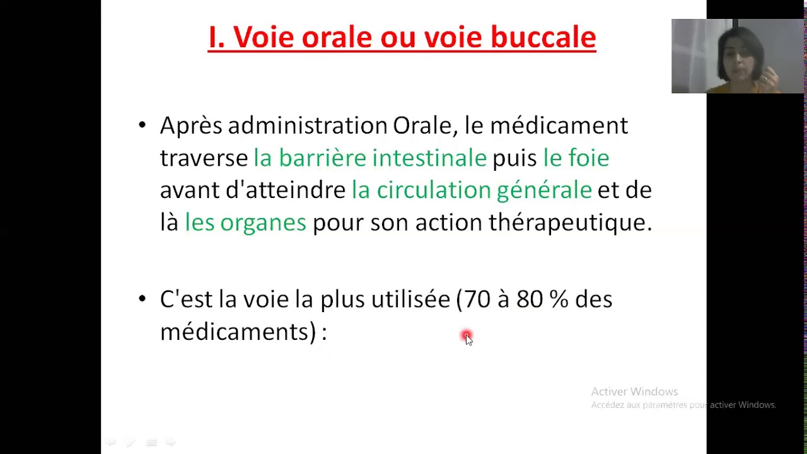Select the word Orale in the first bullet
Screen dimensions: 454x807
[422, 125]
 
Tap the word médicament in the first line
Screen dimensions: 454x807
[559, 125]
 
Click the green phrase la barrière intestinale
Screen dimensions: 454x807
[369, 158]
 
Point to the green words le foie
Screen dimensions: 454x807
[576, 158]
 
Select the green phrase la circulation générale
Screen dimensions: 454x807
[472, 190]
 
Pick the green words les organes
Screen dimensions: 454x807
[245, 222]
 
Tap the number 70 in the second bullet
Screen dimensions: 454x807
[477, 299]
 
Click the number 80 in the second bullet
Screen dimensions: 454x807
[529, 299]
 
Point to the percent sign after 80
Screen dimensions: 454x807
[559, 299]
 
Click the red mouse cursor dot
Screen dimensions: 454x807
[466, 336]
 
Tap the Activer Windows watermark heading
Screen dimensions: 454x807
[634, 392]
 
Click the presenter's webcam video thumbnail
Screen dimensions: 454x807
[738, 56]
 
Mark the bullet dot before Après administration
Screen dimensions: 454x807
[142, 125]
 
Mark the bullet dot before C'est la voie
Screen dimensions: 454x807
[142, 299]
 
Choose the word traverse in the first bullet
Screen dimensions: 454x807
[204, 158]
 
